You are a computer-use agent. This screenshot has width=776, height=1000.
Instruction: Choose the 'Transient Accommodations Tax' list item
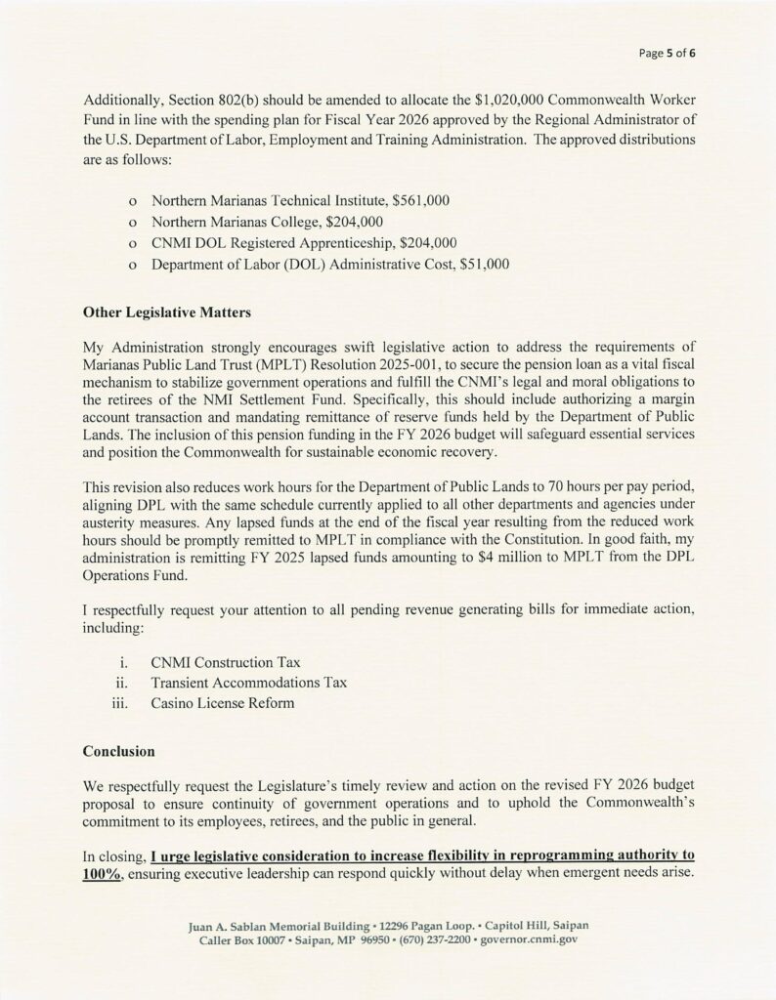249,683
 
